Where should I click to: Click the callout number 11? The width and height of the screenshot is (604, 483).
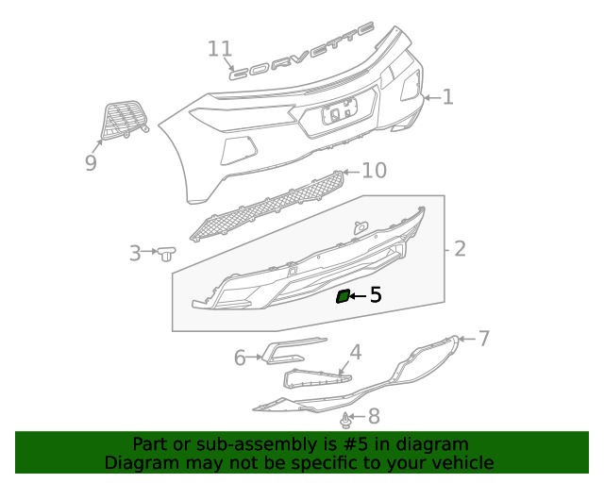tap(220, 49)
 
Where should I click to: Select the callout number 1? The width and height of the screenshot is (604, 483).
tap(447, 96)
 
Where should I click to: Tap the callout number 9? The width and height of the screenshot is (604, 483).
tap(91, 163)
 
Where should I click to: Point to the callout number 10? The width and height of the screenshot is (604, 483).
tap(375, 171)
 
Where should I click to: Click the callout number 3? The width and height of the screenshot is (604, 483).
tap(135, 253)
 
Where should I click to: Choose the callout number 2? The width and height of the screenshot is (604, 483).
tap(460, 249)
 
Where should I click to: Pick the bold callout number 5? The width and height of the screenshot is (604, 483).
tap(375, 295)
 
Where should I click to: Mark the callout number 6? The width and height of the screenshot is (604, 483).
tap(240, 358)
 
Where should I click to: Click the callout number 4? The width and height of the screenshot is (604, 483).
tap(355, 354)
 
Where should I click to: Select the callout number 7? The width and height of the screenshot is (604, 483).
tap(484, 338)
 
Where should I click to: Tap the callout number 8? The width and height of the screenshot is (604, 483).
tap(374, 415)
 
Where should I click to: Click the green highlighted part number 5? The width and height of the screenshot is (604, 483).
tap(343, 297)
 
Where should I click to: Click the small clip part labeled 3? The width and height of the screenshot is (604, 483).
tap(167, 252)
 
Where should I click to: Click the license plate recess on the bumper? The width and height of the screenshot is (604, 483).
tap(337, 115)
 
